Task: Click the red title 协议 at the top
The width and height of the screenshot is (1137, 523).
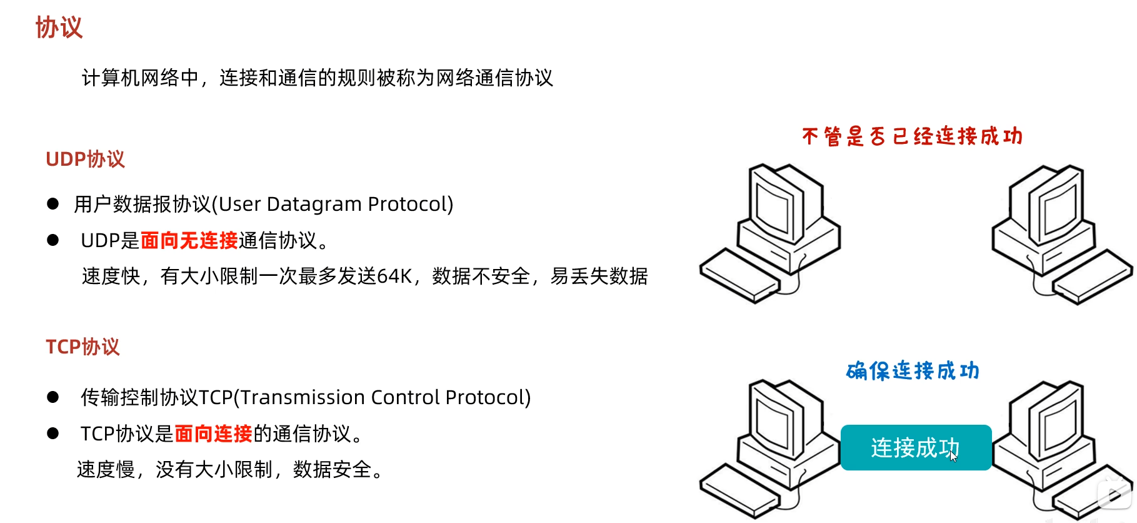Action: pyautogui.click(x=59, y=28)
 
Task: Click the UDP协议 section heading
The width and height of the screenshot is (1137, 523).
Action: pyautogui.click(x=85, y=160)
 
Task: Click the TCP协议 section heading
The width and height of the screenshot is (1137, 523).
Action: pyautogui.click(x=83, y=347)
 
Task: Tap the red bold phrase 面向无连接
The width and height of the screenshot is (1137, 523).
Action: pyautogui.click(x=189, y=240)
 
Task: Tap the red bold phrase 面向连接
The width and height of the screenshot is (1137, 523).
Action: pyautogui.click(x=213, y=434)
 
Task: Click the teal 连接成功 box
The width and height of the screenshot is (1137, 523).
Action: pyautogui.click(x=915, y=447)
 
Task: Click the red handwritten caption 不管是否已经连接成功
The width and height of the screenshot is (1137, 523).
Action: pyautogui.click(x=912, y=136)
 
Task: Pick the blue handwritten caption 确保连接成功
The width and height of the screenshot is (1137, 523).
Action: pyautogui.click(x=913, y=371)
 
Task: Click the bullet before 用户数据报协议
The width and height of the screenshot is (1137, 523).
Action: pyautogui.click(x=53, y=204)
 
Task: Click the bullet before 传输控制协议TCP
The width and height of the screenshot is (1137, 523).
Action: pyautogui.click(x=53, y=397)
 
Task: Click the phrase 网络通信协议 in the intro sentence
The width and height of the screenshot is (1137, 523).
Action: pyautogui.click(x=494, y=78)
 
